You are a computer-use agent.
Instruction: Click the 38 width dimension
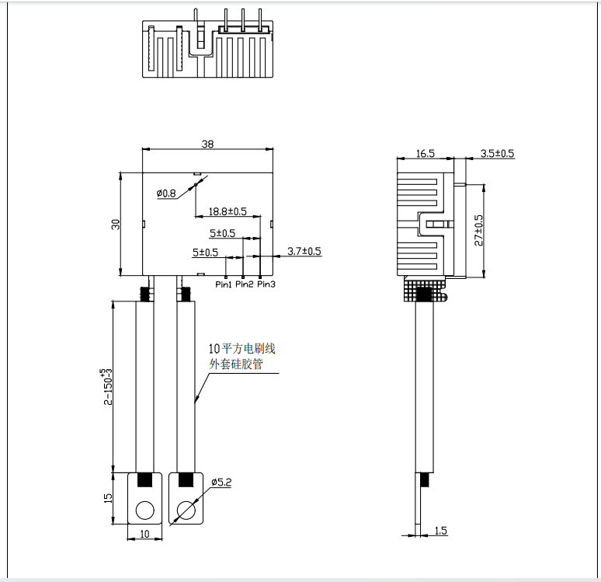pyautogui.click(x=207, y=144)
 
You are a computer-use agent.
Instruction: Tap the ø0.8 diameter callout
pyautogui.click(x=166, y=193)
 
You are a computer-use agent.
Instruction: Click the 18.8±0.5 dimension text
pyautogui.click(x=228, y=211)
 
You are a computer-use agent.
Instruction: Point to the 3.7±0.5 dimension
pyautogui.click(x=304, y=252)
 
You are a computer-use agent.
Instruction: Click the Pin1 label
pyautogui.click(x=224, y=284)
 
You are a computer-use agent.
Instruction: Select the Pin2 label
pyautogui.click(x=245, y=284)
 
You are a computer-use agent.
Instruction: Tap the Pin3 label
pyautogui.click(x=266, y=284)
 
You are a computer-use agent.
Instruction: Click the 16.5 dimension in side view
pyautogui.click(x=426, y=154)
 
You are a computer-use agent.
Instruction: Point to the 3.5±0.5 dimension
pyautogui.click(x=497, y=154)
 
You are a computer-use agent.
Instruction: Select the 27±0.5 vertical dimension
pyautogui.click(x=478, y=231)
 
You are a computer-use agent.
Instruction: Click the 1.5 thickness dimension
pyautogui.click(x=441, y=531)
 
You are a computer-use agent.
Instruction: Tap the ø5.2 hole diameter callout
pyautogui.click(x=222, y=483)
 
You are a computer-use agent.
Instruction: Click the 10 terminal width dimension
pyautogui.click(x=144, y=535)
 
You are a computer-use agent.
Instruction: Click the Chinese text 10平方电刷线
pyautogui.click(x=242, y=349)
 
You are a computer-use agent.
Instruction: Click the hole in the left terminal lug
pyautogui.click(x=144, y=510)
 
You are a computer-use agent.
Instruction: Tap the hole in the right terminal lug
pyautogui.click(x=186, y=510)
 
